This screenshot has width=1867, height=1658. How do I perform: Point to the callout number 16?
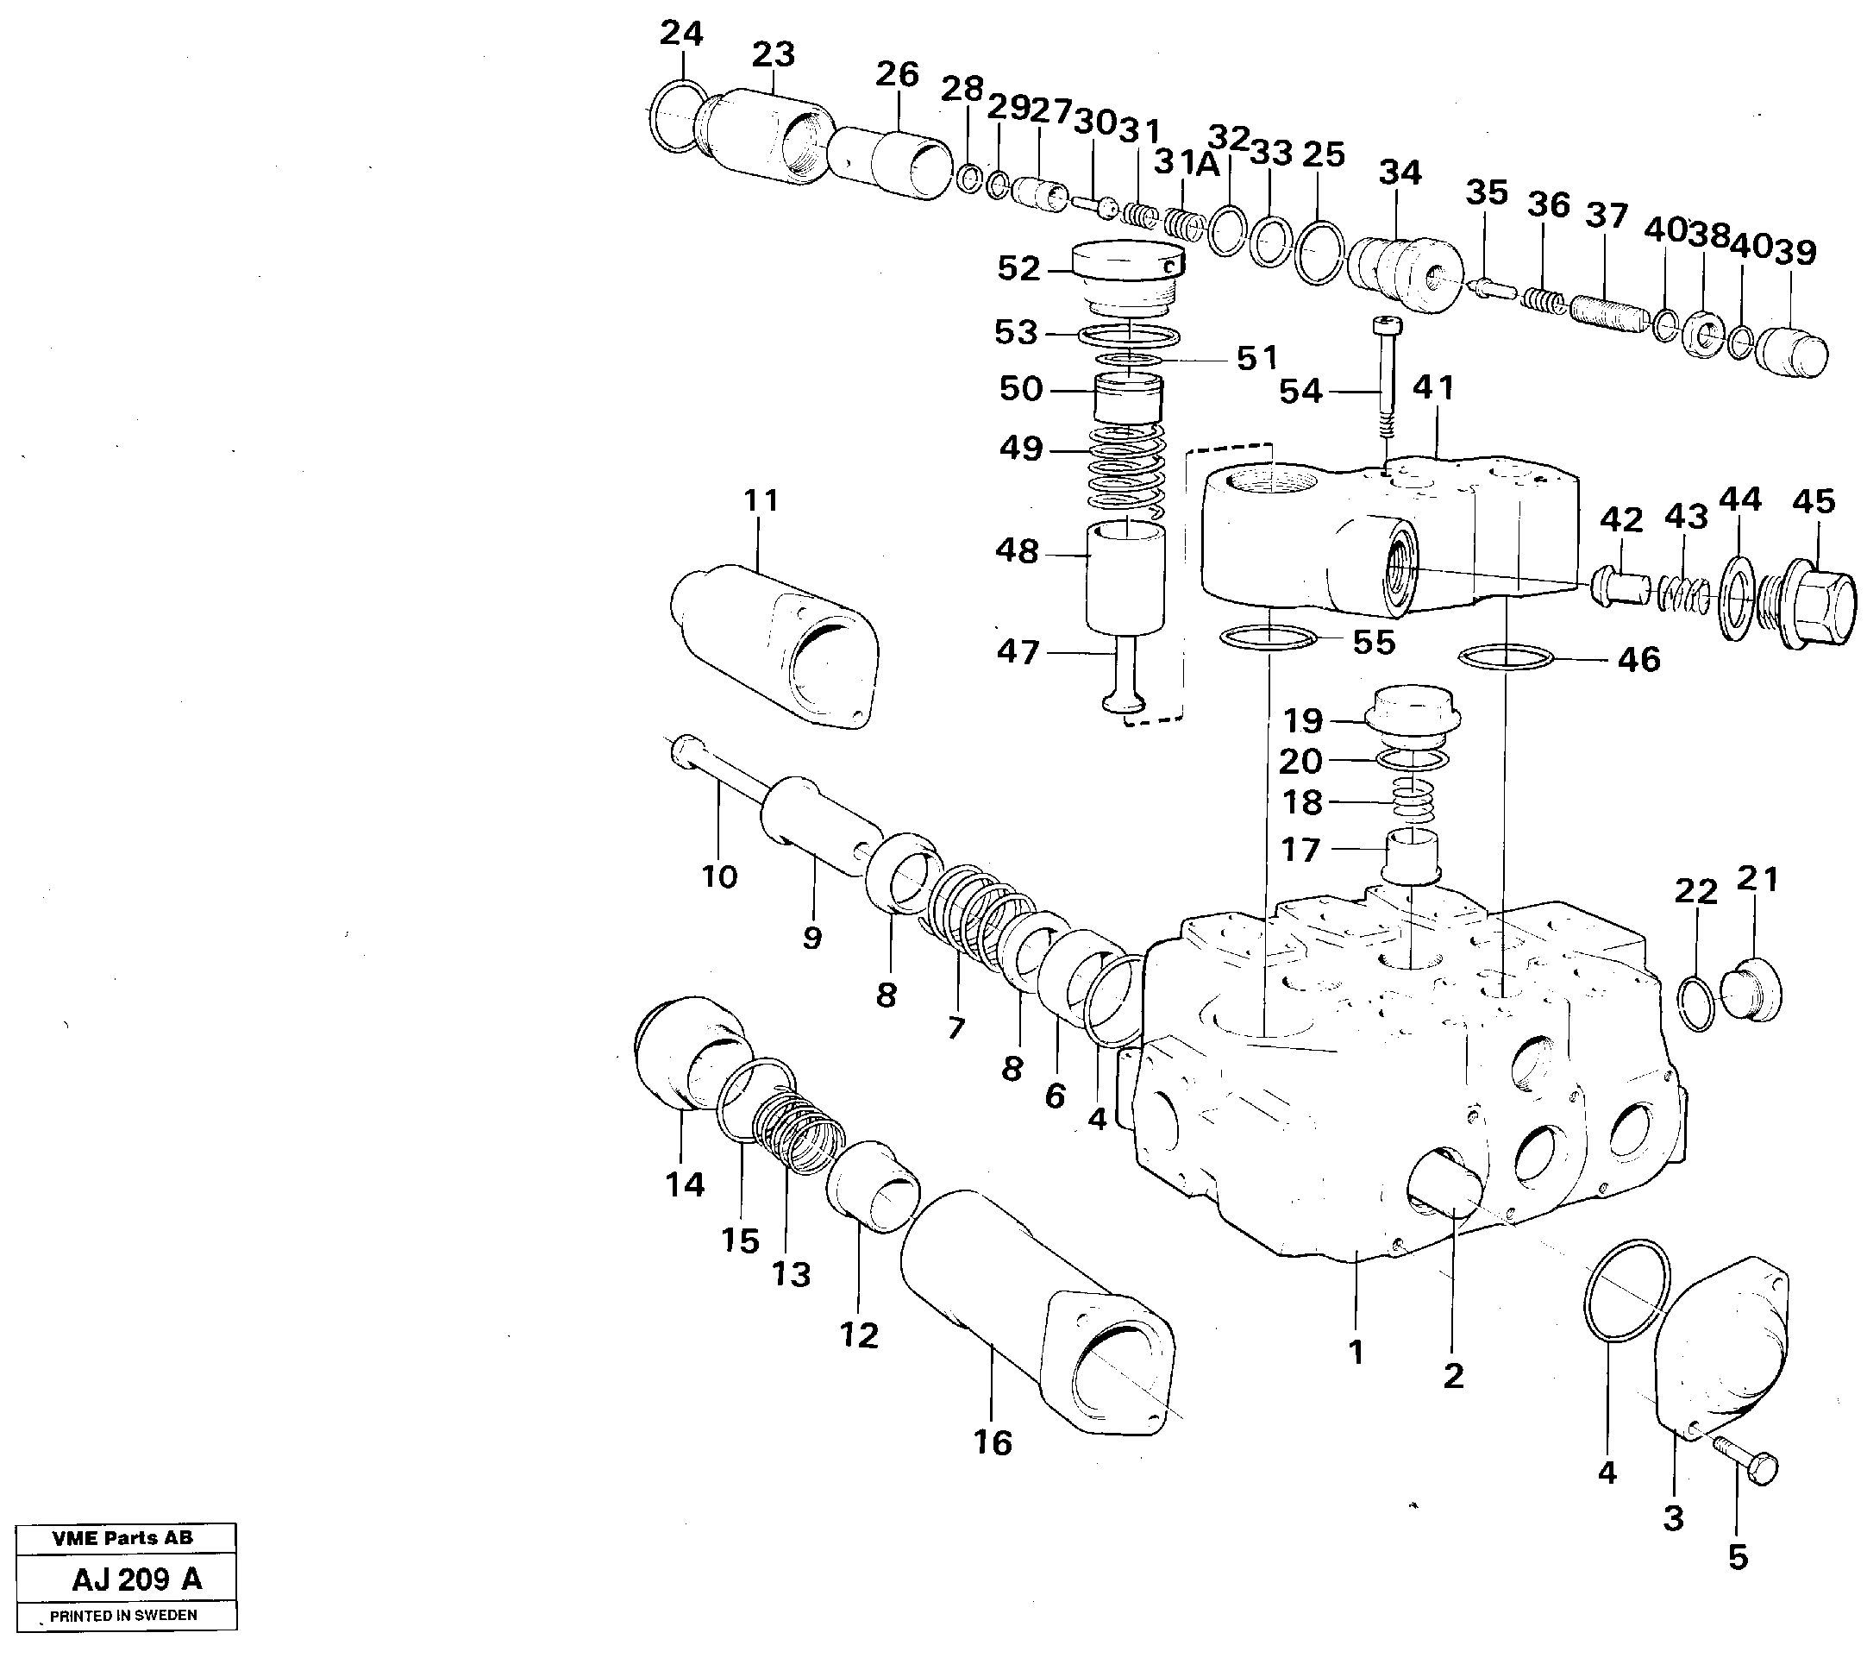[992, 1442]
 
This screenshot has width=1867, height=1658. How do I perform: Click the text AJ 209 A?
[137, 1579]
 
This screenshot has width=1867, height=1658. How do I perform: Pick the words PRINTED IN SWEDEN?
[123, 1615]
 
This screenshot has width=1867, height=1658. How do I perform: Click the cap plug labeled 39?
[1791, 355]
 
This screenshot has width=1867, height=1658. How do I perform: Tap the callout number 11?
[761, 500]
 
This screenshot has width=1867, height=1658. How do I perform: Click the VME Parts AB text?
[122, 1537]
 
